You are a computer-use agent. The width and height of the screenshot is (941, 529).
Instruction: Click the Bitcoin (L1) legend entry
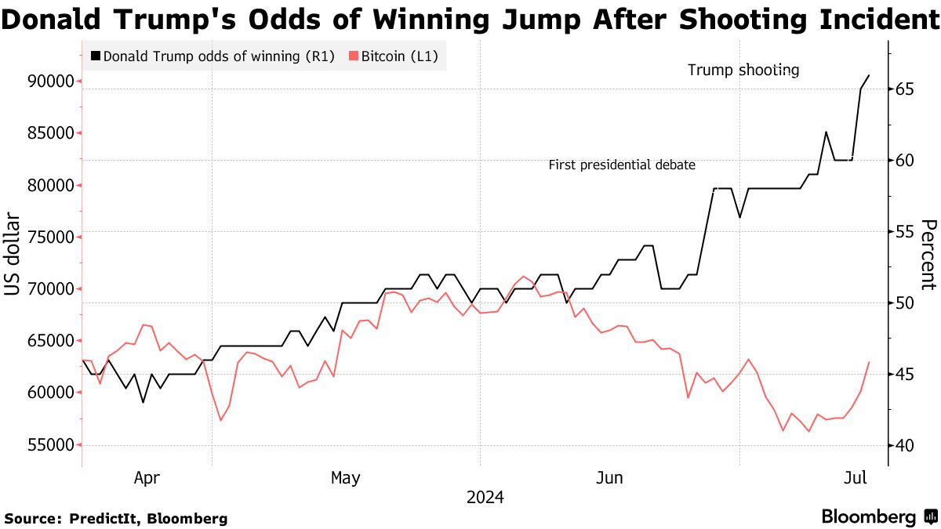pos(393,56)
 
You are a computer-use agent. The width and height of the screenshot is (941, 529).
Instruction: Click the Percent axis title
pos(928,255)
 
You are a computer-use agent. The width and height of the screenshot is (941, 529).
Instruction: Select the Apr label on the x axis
pos(147,477)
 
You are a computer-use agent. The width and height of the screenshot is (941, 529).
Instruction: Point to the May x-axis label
pos(345,477)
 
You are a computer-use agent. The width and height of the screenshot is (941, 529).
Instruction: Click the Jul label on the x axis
pos(856,477)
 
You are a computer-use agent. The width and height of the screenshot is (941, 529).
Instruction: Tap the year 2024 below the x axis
pos(485,498)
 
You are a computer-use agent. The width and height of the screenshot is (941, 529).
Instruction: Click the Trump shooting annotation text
pos(743,71)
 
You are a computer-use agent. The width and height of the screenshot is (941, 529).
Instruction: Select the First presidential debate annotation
pos(621,165)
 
